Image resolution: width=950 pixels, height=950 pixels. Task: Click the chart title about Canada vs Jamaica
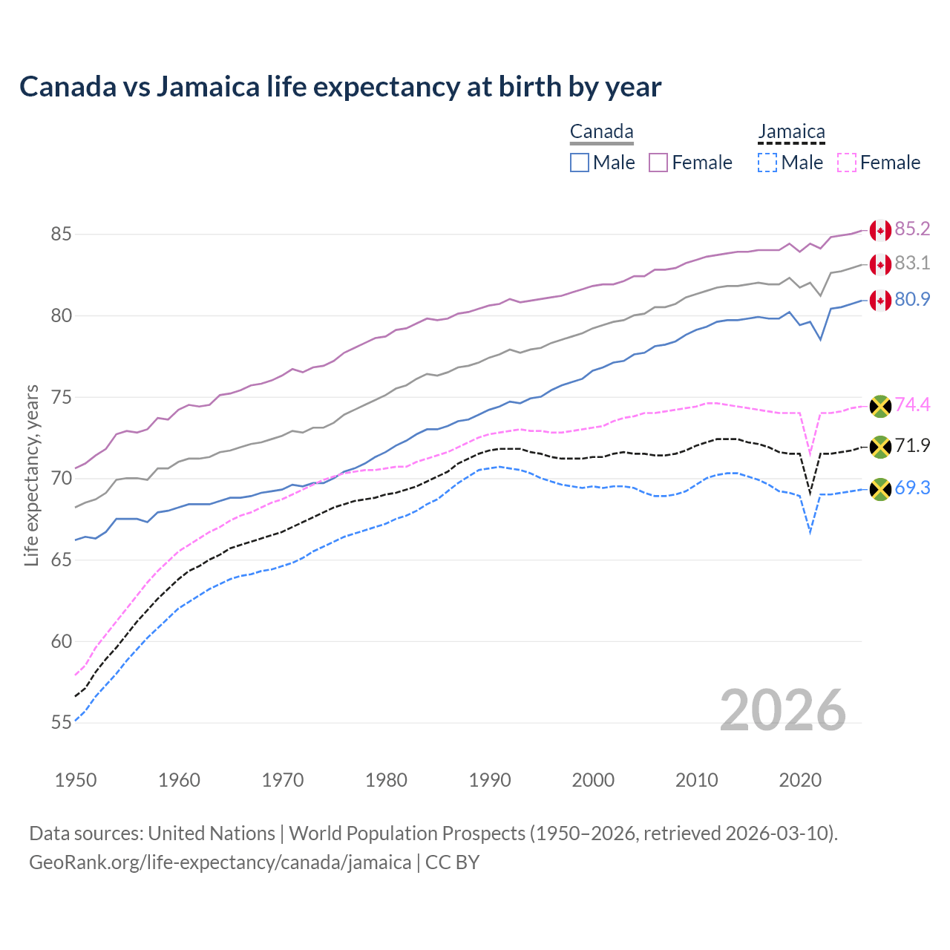pos(340,87)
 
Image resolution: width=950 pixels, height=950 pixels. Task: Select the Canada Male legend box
pos(580,163)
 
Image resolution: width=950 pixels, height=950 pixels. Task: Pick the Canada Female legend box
pos(658,163)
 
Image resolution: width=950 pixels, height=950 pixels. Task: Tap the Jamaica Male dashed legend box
pos(767,163)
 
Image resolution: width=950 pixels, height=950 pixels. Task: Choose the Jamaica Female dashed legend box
pos(847,163)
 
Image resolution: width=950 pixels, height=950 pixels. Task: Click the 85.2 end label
pos(912,229)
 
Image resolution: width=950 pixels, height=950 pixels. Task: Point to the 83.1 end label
pos(912,263)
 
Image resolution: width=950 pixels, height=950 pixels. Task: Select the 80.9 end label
pos(912,299)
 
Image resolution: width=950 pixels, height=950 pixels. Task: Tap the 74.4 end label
pos(912,404)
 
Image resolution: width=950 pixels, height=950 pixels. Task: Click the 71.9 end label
pos(912,445)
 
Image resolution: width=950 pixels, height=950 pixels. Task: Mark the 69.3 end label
pos(912,488)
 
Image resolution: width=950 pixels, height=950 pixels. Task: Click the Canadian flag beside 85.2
pos(880,230)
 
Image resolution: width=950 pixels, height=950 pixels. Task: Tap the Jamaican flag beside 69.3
pos(880,489)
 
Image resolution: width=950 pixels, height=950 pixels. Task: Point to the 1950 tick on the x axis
pos(76,780)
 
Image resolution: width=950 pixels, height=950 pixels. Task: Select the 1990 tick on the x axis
pos(490,780)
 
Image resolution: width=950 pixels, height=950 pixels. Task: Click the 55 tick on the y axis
pos(61,723)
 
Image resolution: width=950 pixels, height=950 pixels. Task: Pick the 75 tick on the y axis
pos(61,397)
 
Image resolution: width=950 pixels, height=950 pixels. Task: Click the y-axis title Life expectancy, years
pos(31,475)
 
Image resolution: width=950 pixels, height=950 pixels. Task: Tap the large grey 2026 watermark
pos(782,711)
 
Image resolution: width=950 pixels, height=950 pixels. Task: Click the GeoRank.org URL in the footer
pos(220,862)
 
